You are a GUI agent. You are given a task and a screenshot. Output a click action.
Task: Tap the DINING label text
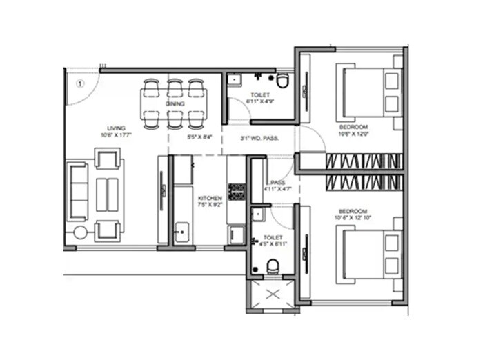[175, 103]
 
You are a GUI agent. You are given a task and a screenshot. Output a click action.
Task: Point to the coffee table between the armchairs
[106, 194]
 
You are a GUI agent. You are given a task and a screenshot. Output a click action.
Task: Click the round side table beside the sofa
[80, 232]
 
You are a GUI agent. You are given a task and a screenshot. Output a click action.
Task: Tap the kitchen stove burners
[237, 191]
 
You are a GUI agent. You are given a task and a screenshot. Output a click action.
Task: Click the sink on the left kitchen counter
[182, 232]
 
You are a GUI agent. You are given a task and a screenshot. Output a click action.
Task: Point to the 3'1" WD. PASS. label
[259, 139]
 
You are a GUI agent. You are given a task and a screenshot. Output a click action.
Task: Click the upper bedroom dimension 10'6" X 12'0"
[353, 134]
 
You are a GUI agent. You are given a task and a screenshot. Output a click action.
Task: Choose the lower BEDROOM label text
[352, 210]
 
